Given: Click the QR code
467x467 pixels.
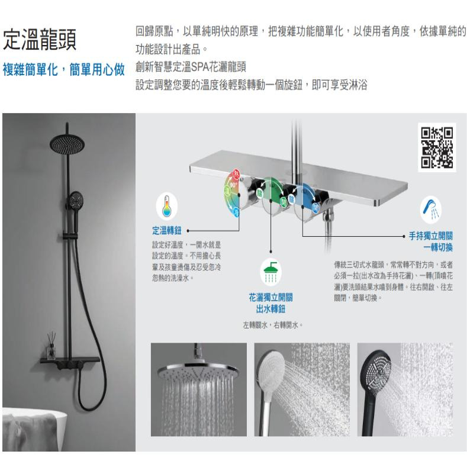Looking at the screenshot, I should pos(437,149).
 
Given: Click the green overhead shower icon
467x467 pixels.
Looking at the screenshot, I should pos(272,272).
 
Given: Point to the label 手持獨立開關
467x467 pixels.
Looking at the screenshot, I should pos(436,235).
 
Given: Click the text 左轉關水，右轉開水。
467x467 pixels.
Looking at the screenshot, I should pos(273,325).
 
